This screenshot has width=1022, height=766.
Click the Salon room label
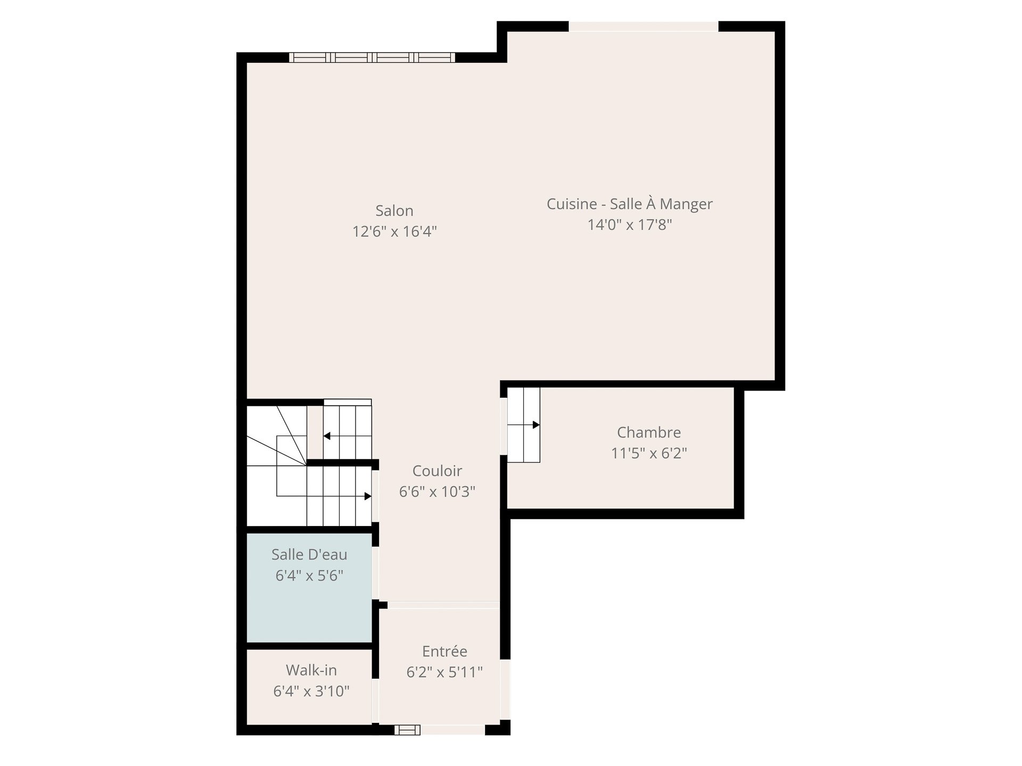[394, 211]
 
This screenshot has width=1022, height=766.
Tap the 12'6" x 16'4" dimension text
[394, 231]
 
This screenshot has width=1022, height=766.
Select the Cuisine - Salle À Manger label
[630, 204]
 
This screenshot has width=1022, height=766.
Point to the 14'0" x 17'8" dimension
[630, 224]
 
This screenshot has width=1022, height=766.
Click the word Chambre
[649, 432]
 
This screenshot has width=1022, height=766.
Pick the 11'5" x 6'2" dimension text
[649, 453]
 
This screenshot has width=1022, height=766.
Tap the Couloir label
[437, 471]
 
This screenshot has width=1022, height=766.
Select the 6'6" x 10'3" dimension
[437, 492]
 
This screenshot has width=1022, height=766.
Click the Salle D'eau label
[309, 554]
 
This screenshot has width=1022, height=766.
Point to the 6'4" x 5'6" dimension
[309, 575]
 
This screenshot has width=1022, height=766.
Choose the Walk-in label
[311, 670]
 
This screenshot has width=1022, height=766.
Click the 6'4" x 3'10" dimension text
[311, 691]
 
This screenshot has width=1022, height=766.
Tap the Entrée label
[444, 651]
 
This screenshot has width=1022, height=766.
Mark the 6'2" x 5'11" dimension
[444, 672]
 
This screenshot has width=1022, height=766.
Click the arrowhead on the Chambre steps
[537, 425]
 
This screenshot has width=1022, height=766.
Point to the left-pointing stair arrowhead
[327, 436]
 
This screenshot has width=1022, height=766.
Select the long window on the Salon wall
[372, 57]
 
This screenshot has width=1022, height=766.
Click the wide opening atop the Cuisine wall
[644, 27]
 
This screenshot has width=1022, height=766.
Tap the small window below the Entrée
[407, 730]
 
